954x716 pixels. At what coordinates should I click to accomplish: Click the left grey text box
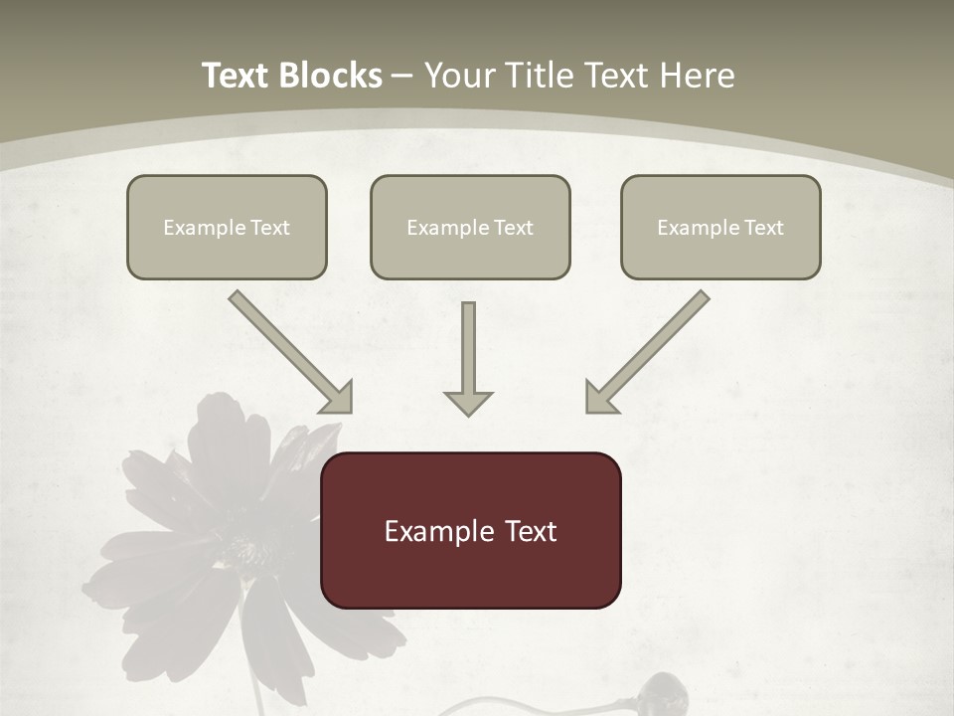pyautogui.click(x=227, y=227)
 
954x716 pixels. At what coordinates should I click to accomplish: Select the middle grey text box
pyautogui.click(x=470, y=227)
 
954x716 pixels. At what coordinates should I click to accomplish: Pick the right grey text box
pyautogui.click(x=720, y=227)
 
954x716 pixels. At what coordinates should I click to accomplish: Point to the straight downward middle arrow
pyautogui.click(x=468, y=348)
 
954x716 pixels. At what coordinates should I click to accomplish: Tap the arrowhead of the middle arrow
pyautogui.click(x=468, y=403)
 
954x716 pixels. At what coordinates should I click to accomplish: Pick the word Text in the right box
pyautogui.click(x=763, y=228)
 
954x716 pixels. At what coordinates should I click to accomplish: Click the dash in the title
pyautogui.click(x=402, y=77)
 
